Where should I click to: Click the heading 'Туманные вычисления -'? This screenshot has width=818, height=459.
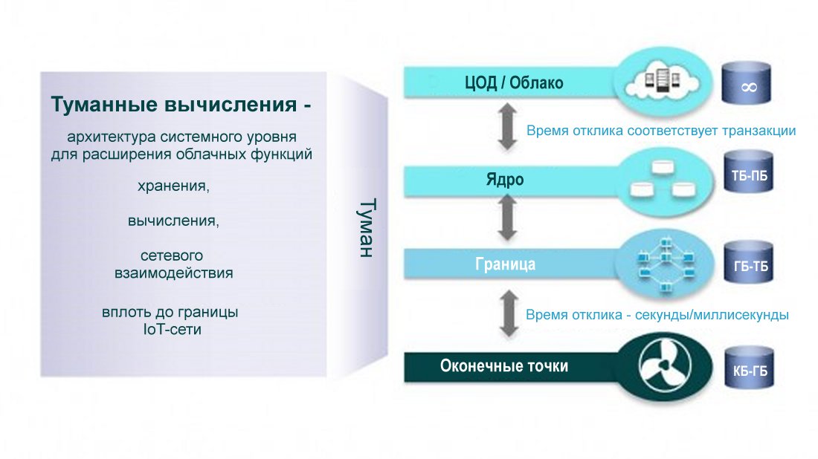(181, 105)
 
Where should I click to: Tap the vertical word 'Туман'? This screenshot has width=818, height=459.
(363, 227)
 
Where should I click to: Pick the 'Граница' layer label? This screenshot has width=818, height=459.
(505, 264)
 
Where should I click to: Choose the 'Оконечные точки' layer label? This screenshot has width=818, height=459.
(504, 365)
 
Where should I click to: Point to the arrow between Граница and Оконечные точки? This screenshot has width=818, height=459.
(509, 314)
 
